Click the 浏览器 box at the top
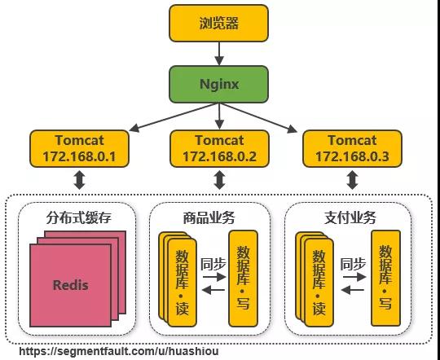pyautogui.click(x=219, y=23)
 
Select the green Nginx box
pyautogui.click(x=219, y=83)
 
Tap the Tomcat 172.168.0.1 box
pyautogui.click(x=80, y=148)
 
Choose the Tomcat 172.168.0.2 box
pyautogui.click(x=219, y=148)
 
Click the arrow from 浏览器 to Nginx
pyautogui.click(x=219, y=53)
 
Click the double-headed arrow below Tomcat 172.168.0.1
pyautogui.click(x=80, y=179)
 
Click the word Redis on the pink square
pyautogui.click(x=70, y=285)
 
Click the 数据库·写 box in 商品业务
pyautogui.click(x=243, y=277)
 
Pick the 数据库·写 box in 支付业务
pyautogui.click(x=384, y=277)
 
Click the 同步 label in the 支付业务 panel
pyautogui.click(x=353, y=264)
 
